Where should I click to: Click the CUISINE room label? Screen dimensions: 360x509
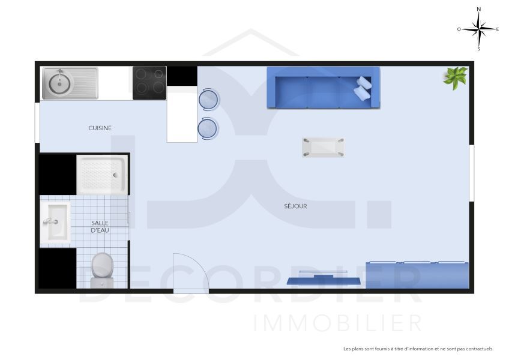100,128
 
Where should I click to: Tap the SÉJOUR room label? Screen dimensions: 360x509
296,206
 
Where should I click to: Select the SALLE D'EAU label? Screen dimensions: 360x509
100,226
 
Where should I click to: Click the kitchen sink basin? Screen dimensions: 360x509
59,83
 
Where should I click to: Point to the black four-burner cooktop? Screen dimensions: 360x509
149,83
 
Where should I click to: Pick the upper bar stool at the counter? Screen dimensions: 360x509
208,100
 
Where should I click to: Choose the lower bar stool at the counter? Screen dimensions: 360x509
208,128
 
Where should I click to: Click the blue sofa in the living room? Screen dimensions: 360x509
323,88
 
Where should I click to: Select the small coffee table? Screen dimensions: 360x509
323,147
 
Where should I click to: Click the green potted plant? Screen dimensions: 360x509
455,77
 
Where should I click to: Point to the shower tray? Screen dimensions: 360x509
103,175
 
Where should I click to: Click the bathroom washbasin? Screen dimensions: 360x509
55,223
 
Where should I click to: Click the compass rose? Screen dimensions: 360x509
478,29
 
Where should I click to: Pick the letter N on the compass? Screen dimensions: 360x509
478,10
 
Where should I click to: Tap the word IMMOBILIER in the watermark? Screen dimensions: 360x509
338,323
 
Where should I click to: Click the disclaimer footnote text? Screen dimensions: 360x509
418,349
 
